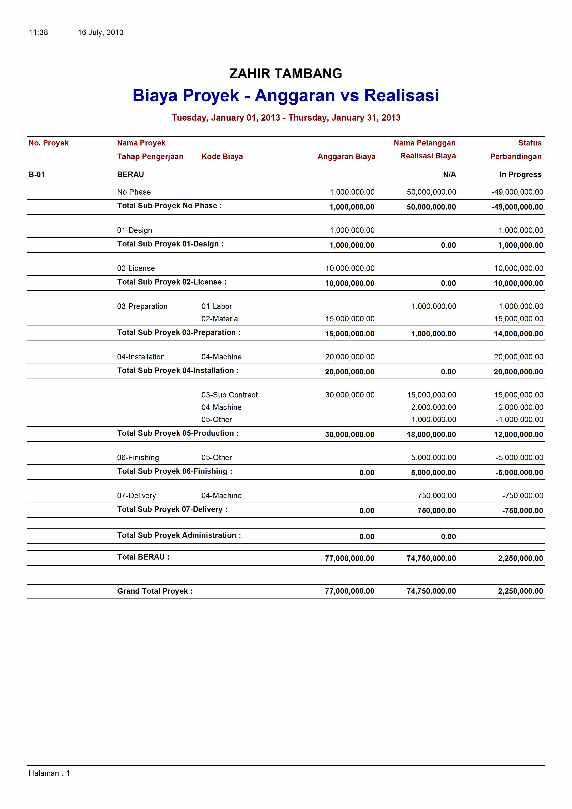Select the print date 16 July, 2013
point(101,33)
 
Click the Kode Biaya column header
point(222,157)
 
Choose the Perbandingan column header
point(516,157)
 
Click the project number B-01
point(37,175)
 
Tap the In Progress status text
point(520,175)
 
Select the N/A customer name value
point(449,175)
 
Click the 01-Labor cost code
point(216,306)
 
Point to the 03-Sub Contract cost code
point(229,395)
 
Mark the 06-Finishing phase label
point(138,457)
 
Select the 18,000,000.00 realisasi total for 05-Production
point(431,434)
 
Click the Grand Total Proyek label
point(155,591)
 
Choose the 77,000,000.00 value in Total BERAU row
point(349,558)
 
